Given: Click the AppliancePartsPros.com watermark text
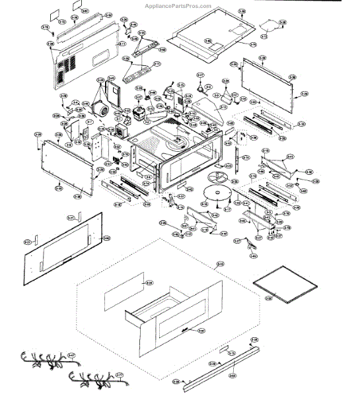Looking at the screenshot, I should (x=178, y=5).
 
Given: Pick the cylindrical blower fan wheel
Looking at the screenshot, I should (x=102, y=109).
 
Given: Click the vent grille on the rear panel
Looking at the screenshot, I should (x=65, y=69).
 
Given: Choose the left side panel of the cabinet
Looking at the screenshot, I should (x=65, y=163).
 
